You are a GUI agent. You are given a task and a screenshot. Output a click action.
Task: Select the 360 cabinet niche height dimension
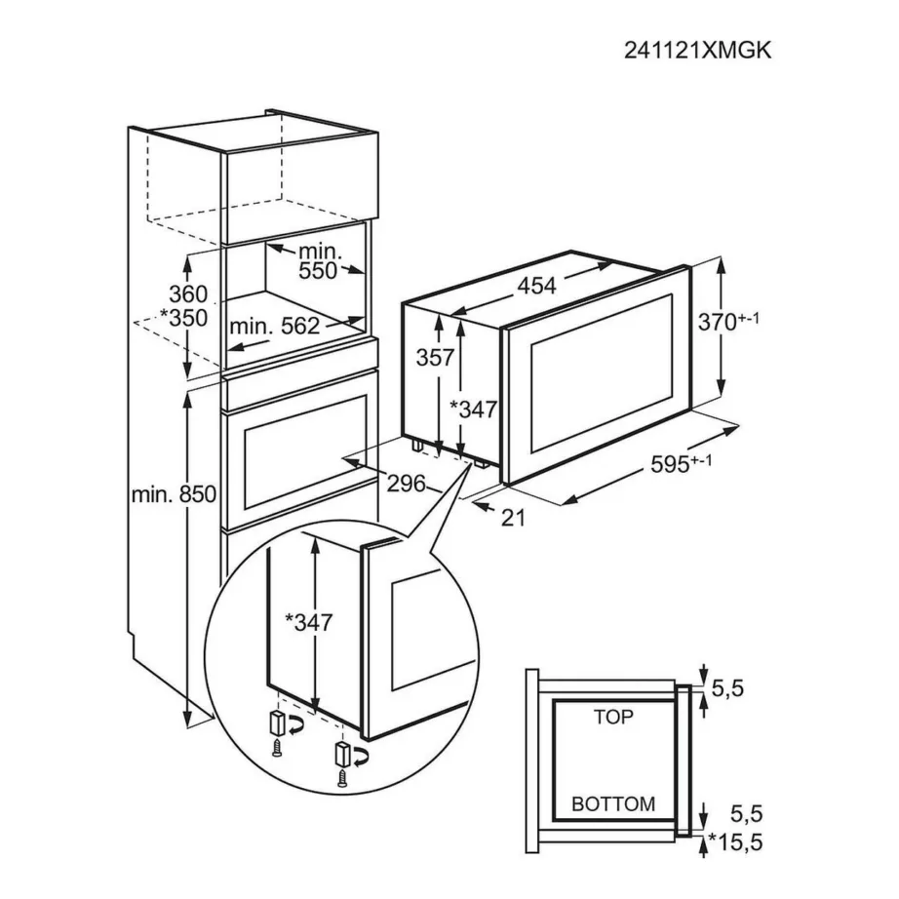tap(188, 293)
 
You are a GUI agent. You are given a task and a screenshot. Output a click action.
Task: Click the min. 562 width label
tap(274, 327)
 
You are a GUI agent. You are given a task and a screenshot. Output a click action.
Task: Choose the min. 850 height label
tap(172, 494)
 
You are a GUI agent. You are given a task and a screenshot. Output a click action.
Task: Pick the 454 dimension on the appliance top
tap(536, 286)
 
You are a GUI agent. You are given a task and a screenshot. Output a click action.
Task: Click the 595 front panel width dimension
tap(682, 465)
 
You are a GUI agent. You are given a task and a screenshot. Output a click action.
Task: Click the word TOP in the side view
tap(613, 718)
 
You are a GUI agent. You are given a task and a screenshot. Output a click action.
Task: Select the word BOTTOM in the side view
tap(613, 804)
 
